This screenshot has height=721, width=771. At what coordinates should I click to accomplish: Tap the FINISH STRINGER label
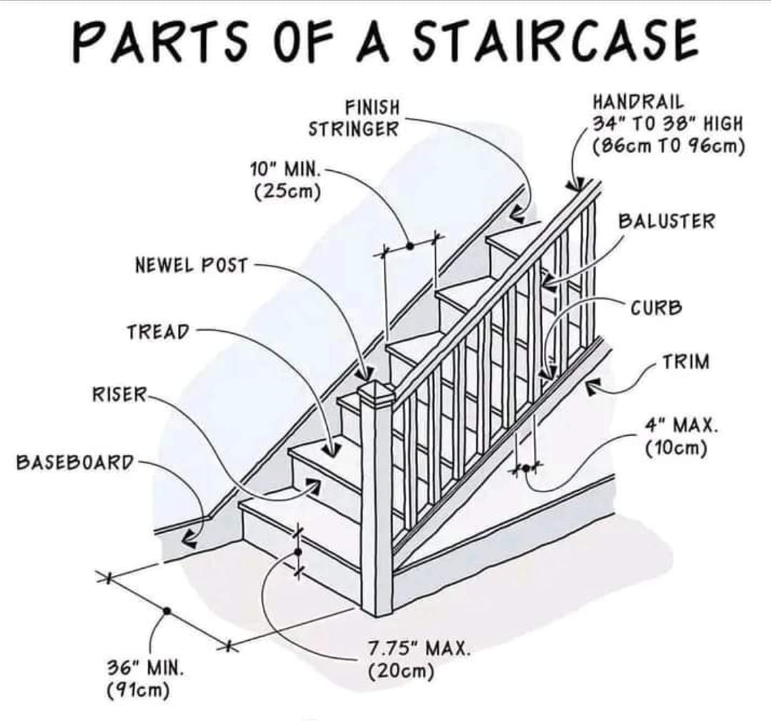pos(353,119)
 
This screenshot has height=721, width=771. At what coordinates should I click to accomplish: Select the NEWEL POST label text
pos(191,266)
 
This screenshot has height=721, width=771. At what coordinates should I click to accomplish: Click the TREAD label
pos(159,332)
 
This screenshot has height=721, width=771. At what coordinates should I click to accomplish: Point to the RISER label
pos(119,394)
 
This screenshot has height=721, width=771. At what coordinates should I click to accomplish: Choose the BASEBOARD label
pos(75,462)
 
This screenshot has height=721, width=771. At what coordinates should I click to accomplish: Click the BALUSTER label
pos(666,221)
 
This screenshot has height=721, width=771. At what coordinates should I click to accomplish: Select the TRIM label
pos(686,362)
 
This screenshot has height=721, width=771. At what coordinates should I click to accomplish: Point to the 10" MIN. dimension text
pos(285,170)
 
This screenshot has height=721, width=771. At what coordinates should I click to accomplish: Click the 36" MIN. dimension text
pos(146,669)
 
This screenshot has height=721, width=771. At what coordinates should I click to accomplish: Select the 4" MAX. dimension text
pos(681,426)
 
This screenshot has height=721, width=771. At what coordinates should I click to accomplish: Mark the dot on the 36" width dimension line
pos(166,611)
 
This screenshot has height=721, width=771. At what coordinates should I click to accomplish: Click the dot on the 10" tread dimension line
pos(410,245)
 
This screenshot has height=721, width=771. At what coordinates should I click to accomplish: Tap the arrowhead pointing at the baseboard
pos(189,539)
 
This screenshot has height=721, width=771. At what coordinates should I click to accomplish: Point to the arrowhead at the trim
pos(592,387)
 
